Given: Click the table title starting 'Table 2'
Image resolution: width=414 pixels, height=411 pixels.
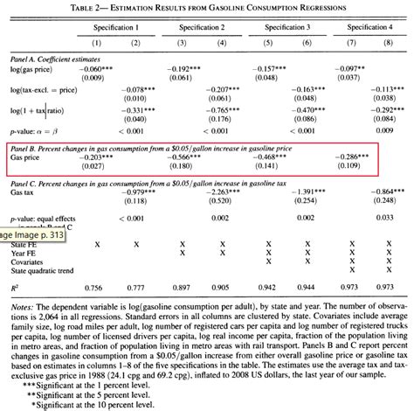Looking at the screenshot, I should click(x=207, y=7).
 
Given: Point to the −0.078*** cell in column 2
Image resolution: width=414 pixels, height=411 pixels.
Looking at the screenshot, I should click(x=139, y=89).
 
